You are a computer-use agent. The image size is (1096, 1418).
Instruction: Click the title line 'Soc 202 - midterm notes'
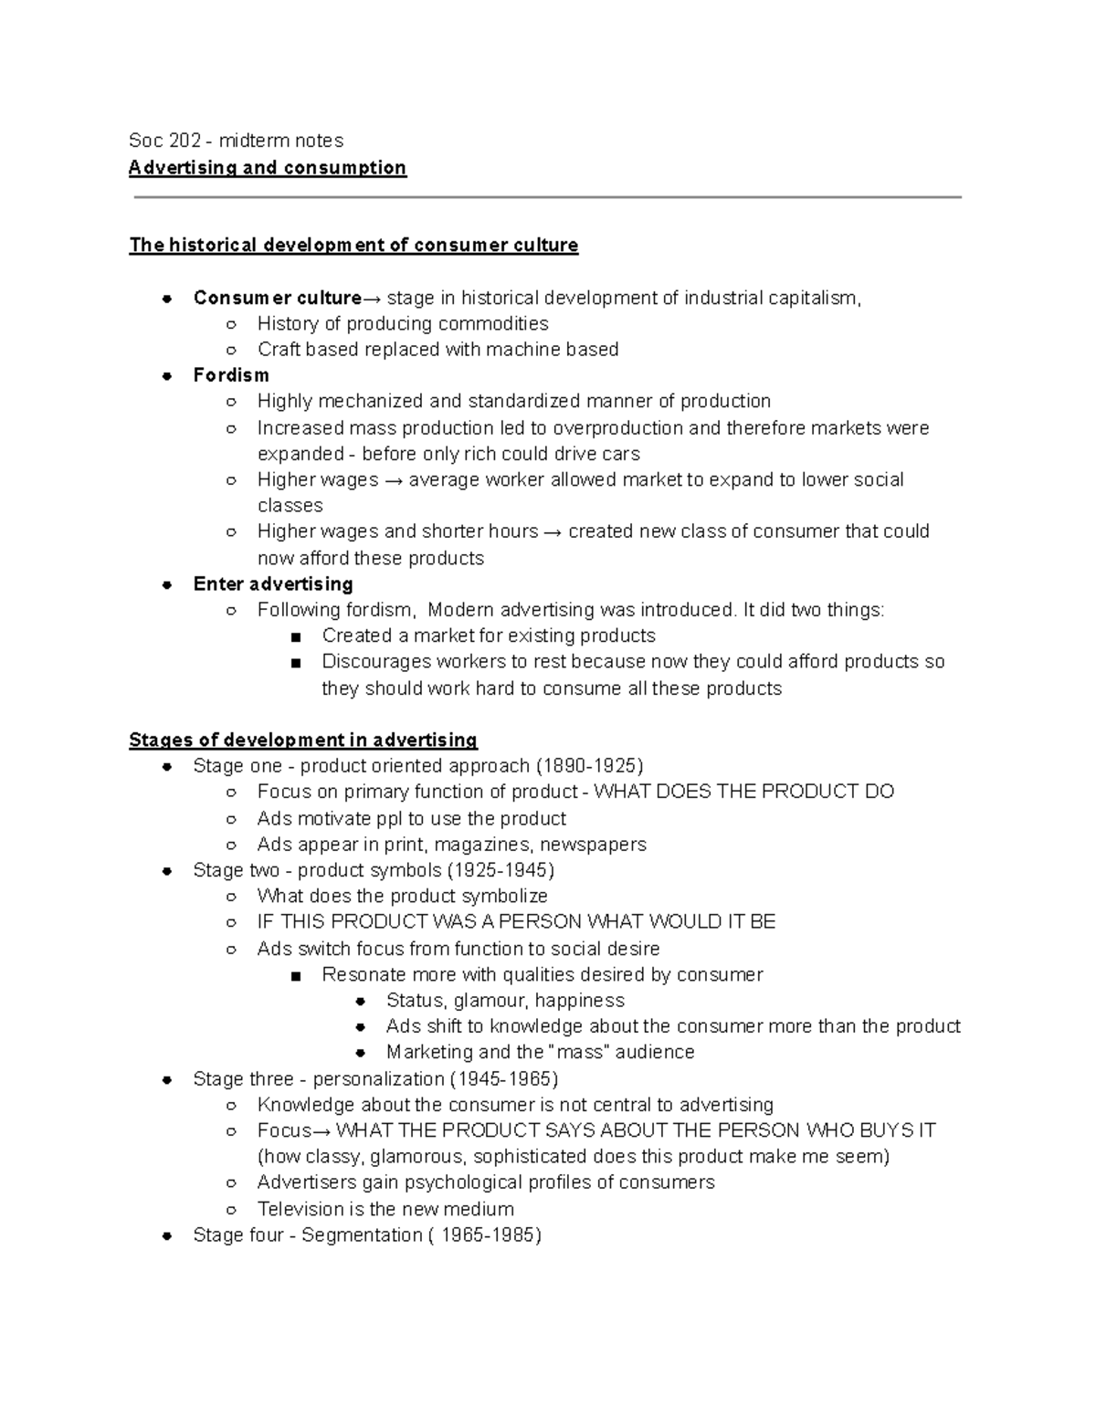pos(236,141)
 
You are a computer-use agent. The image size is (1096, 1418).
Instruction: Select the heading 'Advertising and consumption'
pos(267,168)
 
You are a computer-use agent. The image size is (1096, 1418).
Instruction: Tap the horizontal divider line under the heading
pos(548,197)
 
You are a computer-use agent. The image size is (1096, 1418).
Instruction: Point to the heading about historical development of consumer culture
pos(353,245)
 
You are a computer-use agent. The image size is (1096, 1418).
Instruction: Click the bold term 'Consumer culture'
pos(278,298)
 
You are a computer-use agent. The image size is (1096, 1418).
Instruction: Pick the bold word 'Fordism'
pos(231,375)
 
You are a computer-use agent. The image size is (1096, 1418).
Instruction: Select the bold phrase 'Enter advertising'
pos(273,584)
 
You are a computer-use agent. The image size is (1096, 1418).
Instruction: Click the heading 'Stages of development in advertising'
pos(303,740)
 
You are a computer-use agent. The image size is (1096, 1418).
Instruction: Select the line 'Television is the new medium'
pos(385,1209)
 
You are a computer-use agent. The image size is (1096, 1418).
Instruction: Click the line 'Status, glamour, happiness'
pos(505,1001)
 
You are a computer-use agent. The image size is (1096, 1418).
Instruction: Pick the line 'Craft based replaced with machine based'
pos(437,350)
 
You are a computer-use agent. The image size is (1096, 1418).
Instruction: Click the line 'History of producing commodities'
pos(403,323)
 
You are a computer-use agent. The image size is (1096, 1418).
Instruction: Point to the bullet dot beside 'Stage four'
pos(167,1235)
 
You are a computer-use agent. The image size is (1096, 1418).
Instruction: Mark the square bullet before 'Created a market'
pos(295,636)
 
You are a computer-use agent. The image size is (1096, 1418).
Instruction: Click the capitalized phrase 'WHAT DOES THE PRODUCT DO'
pos(743,792)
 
